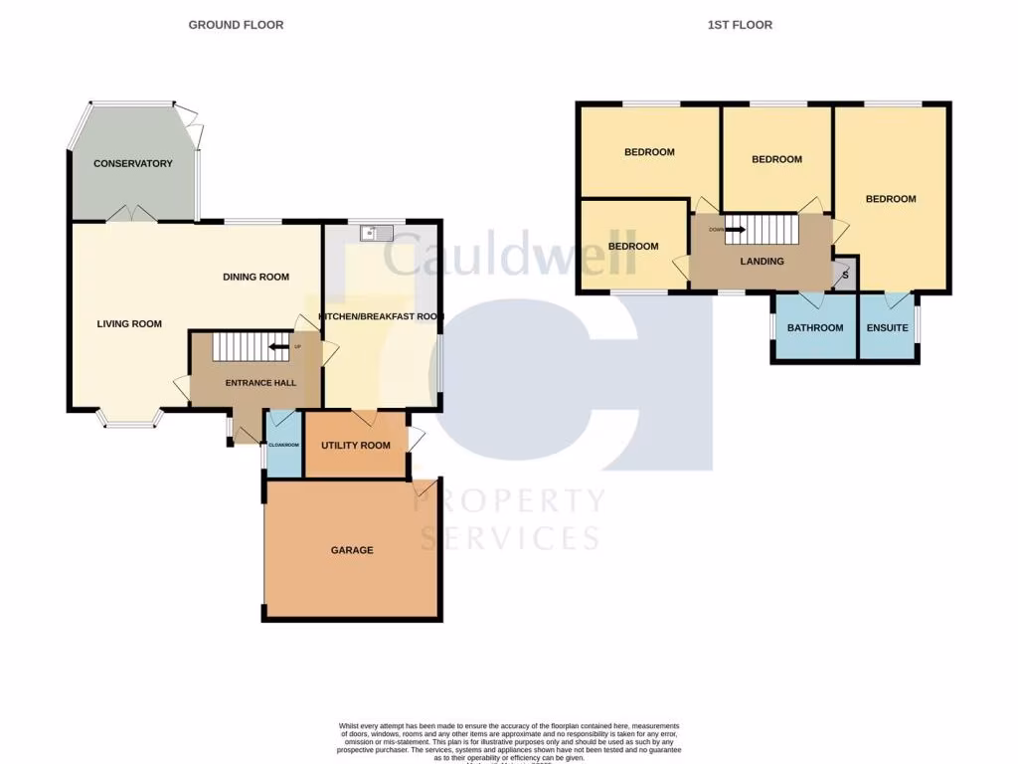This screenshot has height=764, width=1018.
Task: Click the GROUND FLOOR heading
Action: pos(236,25)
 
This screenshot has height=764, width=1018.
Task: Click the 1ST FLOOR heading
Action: pos(740,25)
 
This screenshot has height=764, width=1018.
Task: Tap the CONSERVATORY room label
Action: pos(133,164)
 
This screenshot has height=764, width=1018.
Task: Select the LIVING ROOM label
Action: pos(129,323)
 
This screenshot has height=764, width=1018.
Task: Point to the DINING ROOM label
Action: pos(255,277)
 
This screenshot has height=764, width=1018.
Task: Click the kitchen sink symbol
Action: pos(378,234)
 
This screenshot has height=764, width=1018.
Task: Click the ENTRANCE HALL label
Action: pos(260,383)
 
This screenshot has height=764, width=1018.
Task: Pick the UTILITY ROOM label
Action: pos(355,445)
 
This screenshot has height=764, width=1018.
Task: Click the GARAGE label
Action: pos(353,550)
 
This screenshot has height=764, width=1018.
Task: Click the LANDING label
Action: pos(763,262)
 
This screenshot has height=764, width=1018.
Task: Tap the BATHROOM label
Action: pos(815,327)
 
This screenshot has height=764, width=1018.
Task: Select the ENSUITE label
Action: pos(887,327)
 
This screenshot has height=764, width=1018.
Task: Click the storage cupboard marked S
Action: pos(845,275)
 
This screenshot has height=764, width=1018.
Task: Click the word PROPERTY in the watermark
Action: pos(509,500)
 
